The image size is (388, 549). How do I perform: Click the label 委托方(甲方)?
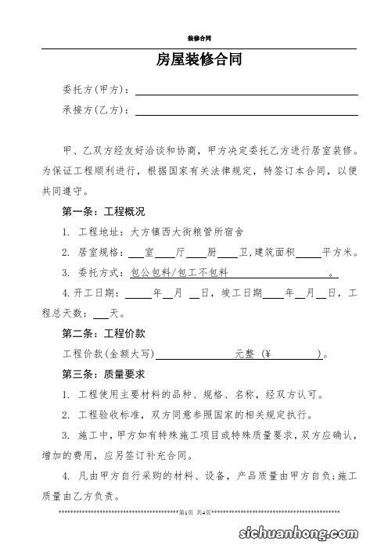[x=95, y=91]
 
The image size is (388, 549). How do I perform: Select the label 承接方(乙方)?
[x=95, y=110]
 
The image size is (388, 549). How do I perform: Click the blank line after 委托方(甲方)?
[x=246, y=93]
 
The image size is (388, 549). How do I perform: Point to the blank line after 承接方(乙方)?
[x=246, y=113]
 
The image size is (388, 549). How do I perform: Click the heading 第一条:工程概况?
[x=102, y=212]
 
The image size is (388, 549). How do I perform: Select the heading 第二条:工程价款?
[x=102, y=334]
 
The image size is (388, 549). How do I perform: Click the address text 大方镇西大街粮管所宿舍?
[x=187, y=232]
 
